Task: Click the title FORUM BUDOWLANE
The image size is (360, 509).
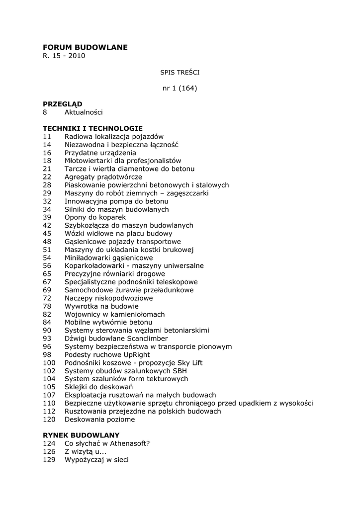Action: [x=85, y=47]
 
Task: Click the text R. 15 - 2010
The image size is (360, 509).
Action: [x=64, y=56]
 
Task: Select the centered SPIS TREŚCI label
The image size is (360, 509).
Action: [x=180, y=72]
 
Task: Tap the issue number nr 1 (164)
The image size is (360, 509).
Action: [x=180, y=88]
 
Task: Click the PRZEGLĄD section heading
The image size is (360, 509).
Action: [x=62, y=104]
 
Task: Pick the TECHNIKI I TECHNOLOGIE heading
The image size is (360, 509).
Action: [x=92, y=128]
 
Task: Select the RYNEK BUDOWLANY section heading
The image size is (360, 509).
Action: [x=81, y=435]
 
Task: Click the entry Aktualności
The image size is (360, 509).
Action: [x=84, y=112]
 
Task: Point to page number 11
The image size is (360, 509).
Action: [x=47, y=136]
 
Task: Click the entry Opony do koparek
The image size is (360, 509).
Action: [x=95, y=217]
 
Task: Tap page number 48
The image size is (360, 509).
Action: [x=47, y=242]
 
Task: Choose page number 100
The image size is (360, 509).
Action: [x=49, y=363]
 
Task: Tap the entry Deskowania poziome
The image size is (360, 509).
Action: [x=99, y=420]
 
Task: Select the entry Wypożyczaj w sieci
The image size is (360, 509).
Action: [x=96, y=460]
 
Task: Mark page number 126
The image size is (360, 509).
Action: [x=49, y=452]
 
